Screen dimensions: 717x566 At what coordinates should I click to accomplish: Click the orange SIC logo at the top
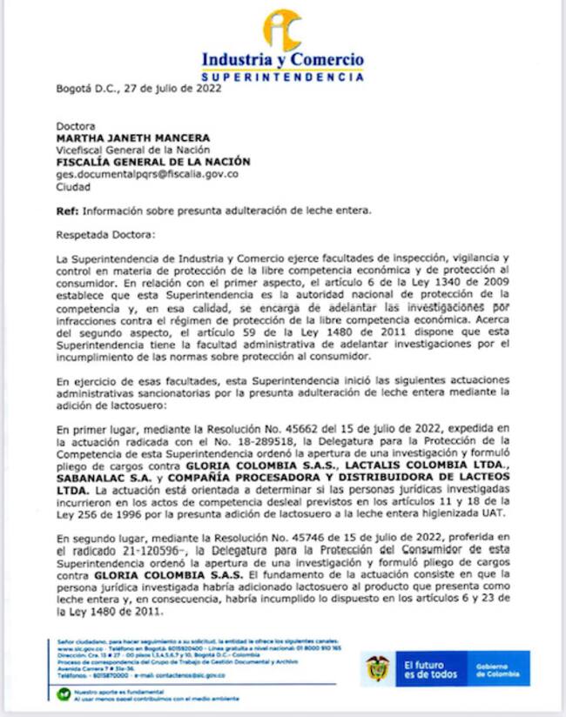283,30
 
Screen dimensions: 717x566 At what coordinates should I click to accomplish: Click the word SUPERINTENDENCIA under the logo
283,77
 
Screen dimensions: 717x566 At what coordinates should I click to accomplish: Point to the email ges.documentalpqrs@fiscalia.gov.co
146,174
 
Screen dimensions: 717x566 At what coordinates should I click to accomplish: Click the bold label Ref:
68,211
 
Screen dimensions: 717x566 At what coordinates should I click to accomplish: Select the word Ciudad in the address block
73,186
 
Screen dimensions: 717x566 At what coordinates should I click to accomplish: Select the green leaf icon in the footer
64,694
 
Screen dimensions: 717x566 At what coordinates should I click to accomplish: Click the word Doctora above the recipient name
77,125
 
